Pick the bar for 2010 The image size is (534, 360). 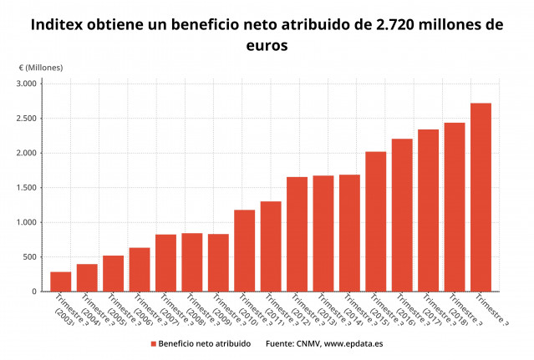[244, 251]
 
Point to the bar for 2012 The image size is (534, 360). [297, 234]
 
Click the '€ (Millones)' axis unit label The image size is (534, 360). [40, 67]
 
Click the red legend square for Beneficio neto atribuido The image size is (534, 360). [154, 343]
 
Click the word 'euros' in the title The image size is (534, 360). [267, 47]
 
